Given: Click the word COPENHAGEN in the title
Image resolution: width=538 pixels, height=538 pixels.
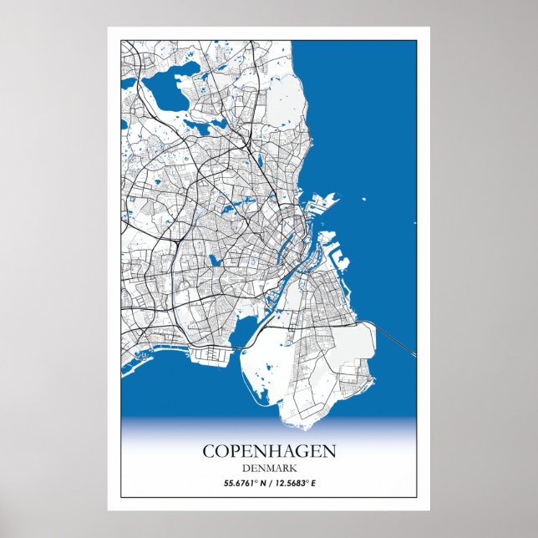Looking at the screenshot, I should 269,451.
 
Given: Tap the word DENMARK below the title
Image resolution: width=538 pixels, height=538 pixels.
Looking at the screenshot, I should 269,468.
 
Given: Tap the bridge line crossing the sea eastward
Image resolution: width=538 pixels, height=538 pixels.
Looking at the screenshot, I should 396,339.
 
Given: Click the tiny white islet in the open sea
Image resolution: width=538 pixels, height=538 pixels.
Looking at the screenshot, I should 364,200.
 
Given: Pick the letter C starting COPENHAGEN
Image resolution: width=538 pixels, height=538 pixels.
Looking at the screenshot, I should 208,451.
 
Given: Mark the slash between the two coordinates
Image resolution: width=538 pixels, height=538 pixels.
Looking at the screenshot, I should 269,484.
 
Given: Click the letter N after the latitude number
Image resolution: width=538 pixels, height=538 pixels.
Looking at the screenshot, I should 260,484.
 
